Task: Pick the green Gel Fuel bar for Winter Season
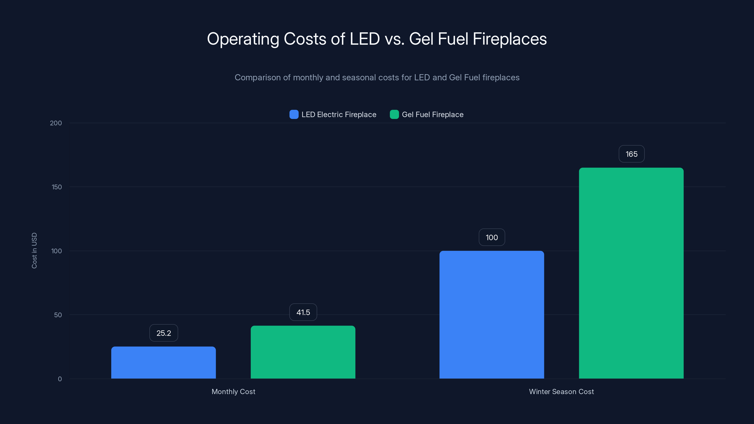tap(631, 273)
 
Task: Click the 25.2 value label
tap(164, 333)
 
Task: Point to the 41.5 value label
tap(303, 312)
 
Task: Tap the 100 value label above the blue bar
tap(492, 237)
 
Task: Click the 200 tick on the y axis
tap(56, 123)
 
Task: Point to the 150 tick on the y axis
tap(57, 187)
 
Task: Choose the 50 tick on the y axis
tap(58, 315)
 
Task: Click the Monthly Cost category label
tap(233, 391)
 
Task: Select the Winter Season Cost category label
tap(561, 391)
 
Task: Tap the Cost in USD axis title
tap(34, 250)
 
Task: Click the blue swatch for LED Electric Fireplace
tap(294, 114)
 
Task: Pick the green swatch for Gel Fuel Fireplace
tap(394, 114)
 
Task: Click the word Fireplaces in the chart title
tap(510, 39)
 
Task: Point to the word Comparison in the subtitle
tap(258, 77)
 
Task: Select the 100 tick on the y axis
tap(57, 251)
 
